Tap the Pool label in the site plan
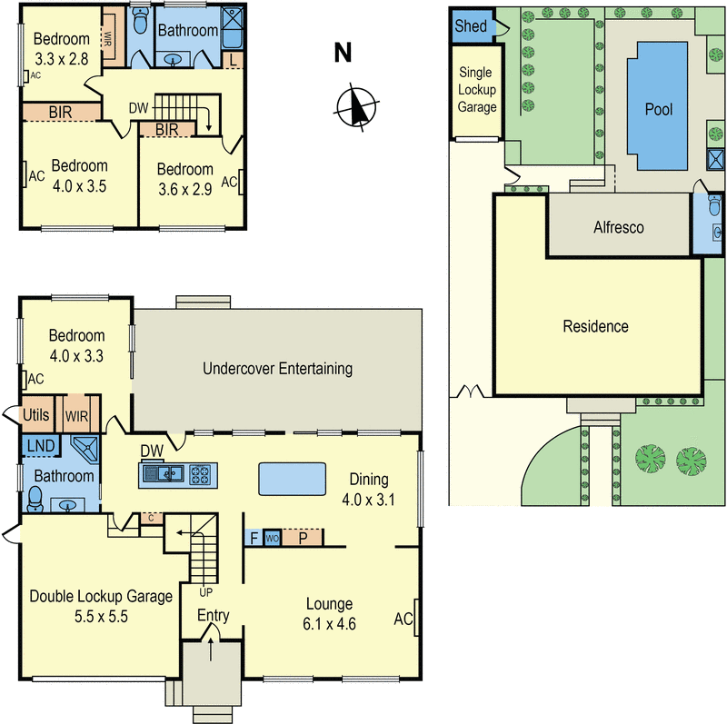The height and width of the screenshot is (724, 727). point(658,110)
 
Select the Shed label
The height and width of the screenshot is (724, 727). point(470,26)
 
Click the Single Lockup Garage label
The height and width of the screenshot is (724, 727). point(477,90)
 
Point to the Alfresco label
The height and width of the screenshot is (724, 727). point(618,227)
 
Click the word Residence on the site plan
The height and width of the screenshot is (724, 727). point(595,326)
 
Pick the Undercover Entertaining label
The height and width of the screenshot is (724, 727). point(277,369)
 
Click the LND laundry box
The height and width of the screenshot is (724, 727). point(38,445)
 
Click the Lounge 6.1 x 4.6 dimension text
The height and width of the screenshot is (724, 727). point(329,624)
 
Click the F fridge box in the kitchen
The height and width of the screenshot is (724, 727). point(254,538)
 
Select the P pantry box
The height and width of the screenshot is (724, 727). point(303,538)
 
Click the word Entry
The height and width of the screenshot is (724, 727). point(214,616)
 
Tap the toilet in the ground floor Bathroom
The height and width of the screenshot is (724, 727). point(35,497)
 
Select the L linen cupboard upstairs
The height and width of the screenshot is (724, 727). point(234,60)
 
